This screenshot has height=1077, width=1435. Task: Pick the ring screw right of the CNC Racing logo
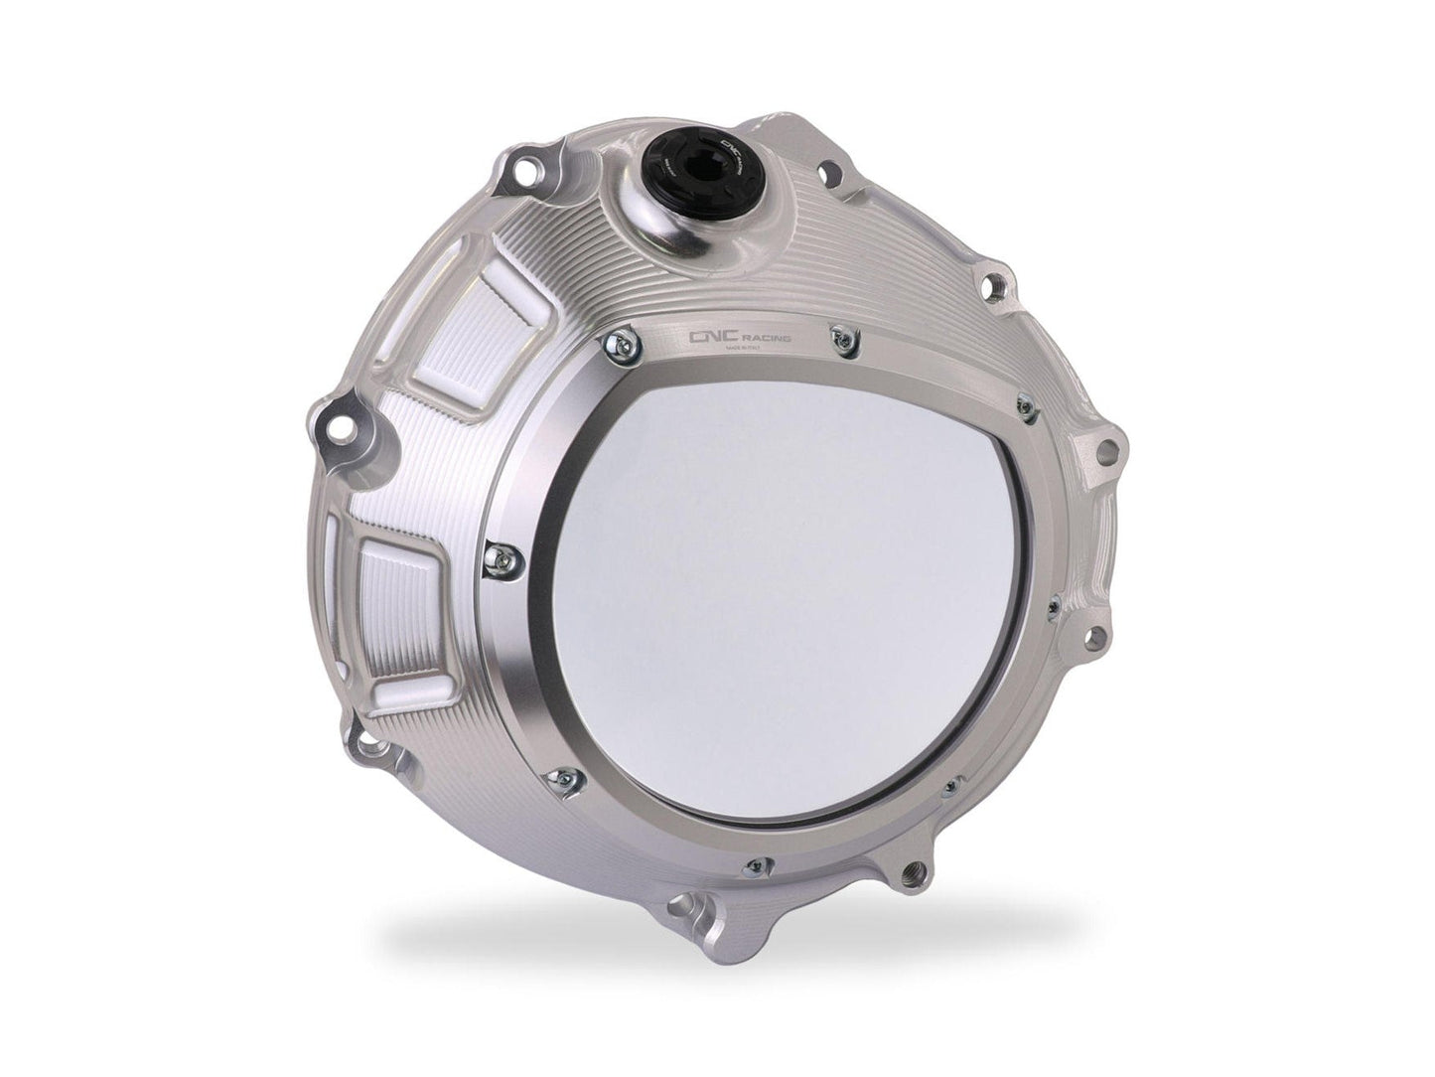click(x=843, y=341)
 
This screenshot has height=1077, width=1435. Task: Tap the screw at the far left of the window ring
click(x=502, y=556)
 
